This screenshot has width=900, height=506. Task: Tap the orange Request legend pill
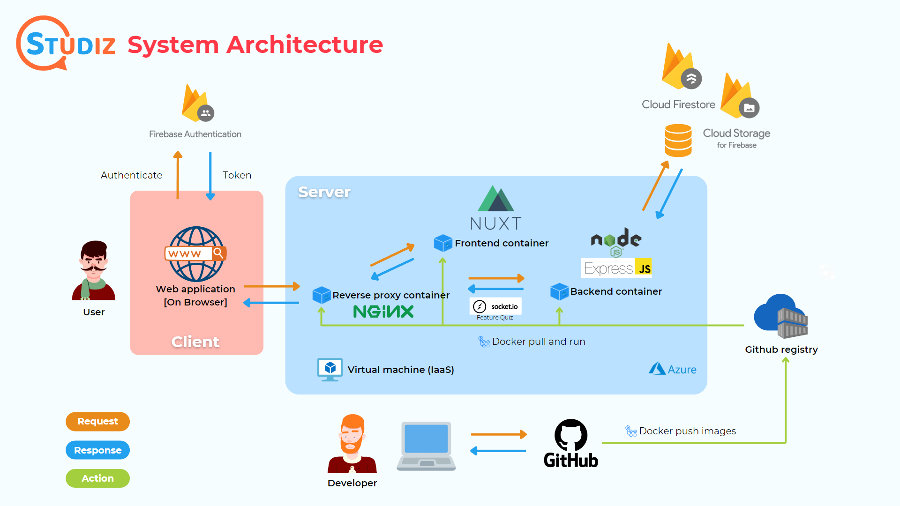coord(97,421)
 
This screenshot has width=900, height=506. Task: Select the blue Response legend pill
coord(97,450)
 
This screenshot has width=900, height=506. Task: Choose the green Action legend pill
coord(97,478)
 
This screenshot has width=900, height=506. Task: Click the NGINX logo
coord(383,312)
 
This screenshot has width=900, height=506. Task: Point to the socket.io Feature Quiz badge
coord(495,309)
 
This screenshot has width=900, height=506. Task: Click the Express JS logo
coord(616,268)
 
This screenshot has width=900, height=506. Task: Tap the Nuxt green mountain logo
coord(496,199)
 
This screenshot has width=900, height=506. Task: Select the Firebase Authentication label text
coord(195,134)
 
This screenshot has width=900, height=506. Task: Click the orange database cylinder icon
coord(678,140)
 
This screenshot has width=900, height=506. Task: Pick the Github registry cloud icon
coord(780,316)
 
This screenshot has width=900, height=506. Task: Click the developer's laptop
coord(426,446)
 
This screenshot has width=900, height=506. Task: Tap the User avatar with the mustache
coord(94,271)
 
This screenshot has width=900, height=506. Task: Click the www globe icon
coord(196,254)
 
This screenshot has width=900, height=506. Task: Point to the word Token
coord(237,175)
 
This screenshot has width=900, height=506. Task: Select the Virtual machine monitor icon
coord(330,369)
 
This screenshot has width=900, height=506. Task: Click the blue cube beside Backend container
coord(559,291)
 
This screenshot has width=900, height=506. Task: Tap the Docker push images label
coord(687,431)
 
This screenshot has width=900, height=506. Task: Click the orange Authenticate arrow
coord(178,175)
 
